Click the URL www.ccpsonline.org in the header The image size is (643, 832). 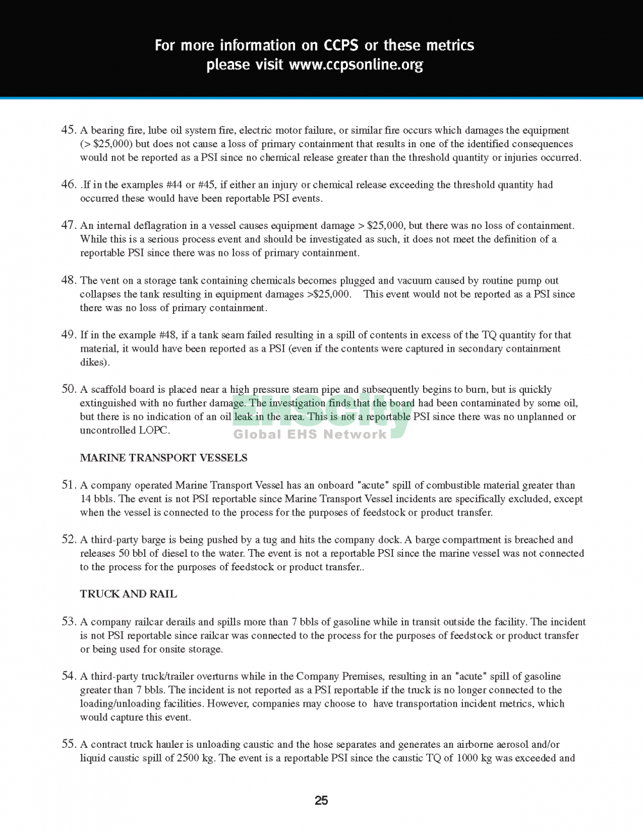click(x=356, y=65)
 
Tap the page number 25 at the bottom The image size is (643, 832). click(x=321, y=800)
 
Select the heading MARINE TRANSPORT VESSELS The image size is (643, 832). click(x=163, y=458)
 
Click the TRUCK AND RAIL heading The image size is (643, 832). click(x=129, y=594)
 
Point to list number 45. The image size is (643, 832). click(x=69, y=130)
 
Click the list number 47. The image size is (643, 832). click(x=69, y=225)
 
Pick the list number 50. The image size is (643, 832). click(x=69, y=389)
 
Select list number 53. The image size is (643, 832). click(x=69, y=622)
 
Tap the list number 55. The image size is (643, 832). click(x=69, y=744)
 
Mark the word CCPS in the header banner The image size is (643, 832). click(x=341, y=46)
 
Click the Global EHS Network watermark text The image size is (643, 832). click(x=310, y=434)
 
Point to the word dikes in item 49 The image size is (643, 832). click(x=93, y=362)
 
